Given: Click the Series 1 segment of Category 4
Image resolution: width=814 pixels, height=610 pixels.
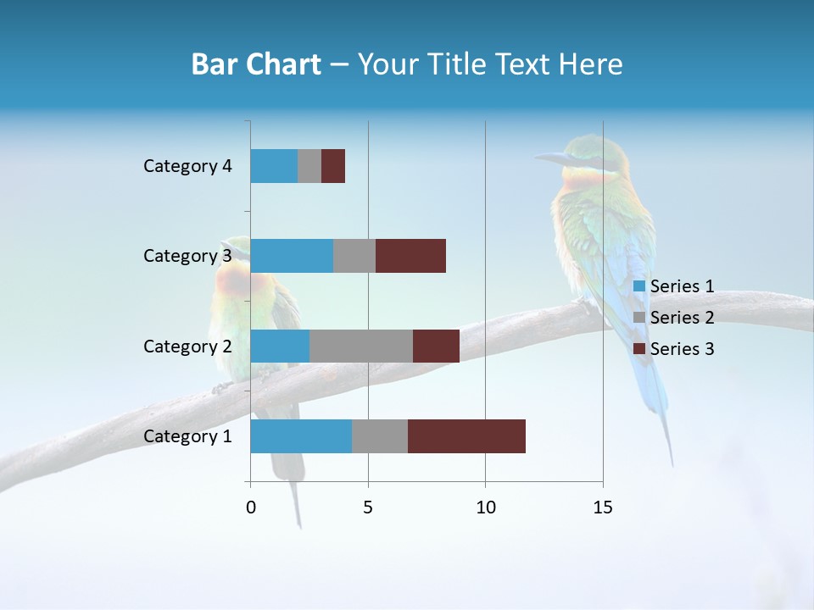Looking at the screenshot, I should [x=274, y=166].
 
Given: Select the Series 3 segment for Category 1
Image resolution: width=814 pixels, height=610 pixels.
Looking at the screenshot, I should [x=466, y=436].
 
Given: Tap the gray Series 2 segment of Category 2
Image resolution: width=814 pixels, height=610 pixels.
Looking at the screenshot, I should [x=361, y=346].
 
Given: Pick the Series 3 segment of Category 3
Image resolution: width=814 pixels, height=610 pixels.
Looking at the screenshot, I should [x=410, y=256].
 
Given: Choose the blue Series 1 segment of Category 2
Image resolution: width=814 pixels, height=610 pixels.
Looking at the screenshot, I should [x=280, y=346].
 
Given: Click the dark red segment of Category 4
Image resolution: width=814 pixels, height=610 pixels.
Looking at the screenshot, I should [x=333, y=166].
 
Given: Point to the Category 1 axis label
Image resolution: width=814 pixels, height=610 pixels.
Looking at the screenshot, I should [x=187, y=436].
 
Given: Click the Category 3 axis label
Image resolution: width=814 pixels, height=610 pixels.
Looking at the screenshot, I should [x=187, y=256].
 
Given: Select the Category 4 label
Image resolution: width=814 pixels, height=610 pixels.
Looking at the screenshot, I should [x=187, y=166].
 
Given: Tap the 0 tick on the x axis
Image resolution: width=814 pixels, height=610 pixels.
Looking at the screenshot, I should [x=251, y=507].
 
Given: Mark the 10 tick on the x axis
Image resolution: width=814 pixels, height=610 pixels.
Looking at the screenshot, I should [x=485, y=507].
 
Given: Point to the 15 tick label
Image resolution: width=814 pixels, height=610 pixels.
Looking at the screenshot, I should [x=603, y=507].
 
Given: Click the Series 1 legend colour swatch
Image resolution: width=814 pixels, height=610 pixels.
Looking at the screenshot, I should [x=639, y=286].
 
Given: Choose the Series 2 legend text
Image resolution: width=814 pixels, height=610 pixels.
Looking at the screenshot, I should [x=682, y=318].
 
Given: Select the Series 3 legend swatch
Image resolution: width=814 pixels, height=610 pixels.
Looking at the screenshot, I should [x=639, y=349].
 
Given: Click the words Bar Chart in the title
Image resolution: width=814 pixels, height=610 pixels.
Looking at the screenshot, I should [x=256, y=64].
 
